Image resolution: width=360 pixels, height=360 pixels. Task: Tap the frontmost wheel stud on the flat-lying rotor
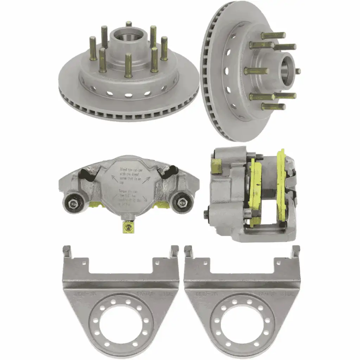click(x=128, y=65)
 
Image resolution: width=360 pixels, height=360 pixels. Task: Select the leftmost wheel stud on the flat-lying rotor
click(x=93, y=48)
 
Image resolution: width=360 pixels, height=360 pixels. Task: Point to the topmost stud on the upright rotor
click(x=273, y=35)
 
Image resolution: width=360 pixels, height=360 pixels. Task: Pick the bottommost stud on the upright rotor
click(x=273, y=106)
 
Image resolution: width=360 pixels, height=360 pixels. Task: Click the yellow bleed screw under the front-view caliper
click(x=127, y=227)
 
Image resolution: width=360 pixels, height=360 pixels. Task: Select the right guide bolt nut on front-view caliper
click(x=182, y=203)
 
